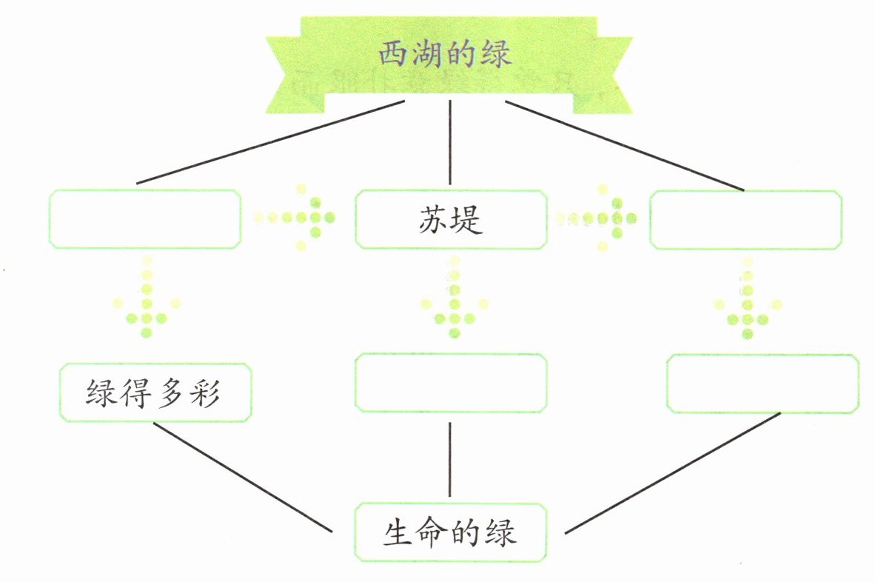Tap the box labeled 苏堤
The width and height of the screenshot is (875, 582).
(451, 219)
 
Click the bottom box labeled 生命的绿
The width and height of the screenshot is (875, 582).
(451, 532)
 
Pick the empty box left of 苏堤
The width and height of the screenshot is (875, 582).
(145, 219)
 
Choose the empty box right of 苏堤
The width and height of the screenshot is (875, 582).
(745, 219)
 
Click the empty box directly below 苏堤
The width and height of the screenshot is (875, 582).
(451, 383)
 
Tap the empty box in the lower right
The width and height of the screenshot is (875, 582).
(762, 384)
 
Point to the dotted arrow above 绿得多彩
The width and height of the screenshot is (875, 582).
(147, 300)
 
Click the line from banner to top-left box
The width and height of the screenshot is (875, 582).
(270, 142)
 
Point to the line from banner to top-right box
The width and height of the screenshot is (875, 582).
(626, 146)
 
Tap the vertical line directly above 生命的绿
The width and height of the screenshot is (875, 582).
(450, 459)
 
